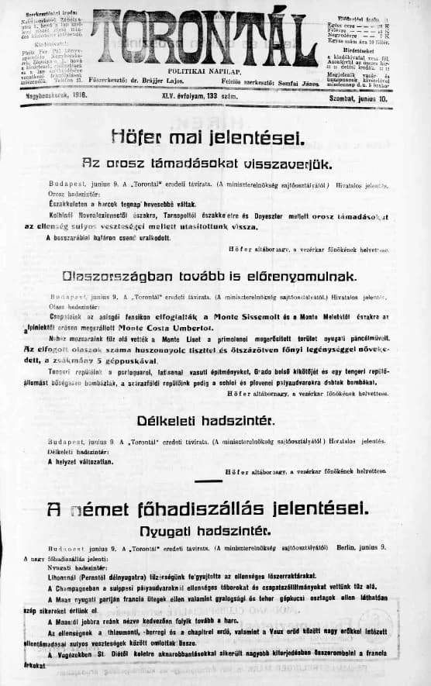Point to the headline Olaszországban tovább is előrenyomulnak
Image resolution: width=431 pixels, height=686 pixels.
[215, 275]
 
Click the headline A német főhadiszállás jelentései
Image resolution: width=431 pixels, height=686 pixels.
[215, 508]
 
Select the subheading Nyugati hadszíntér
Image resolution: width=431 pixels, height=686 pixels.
[215, 531]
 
